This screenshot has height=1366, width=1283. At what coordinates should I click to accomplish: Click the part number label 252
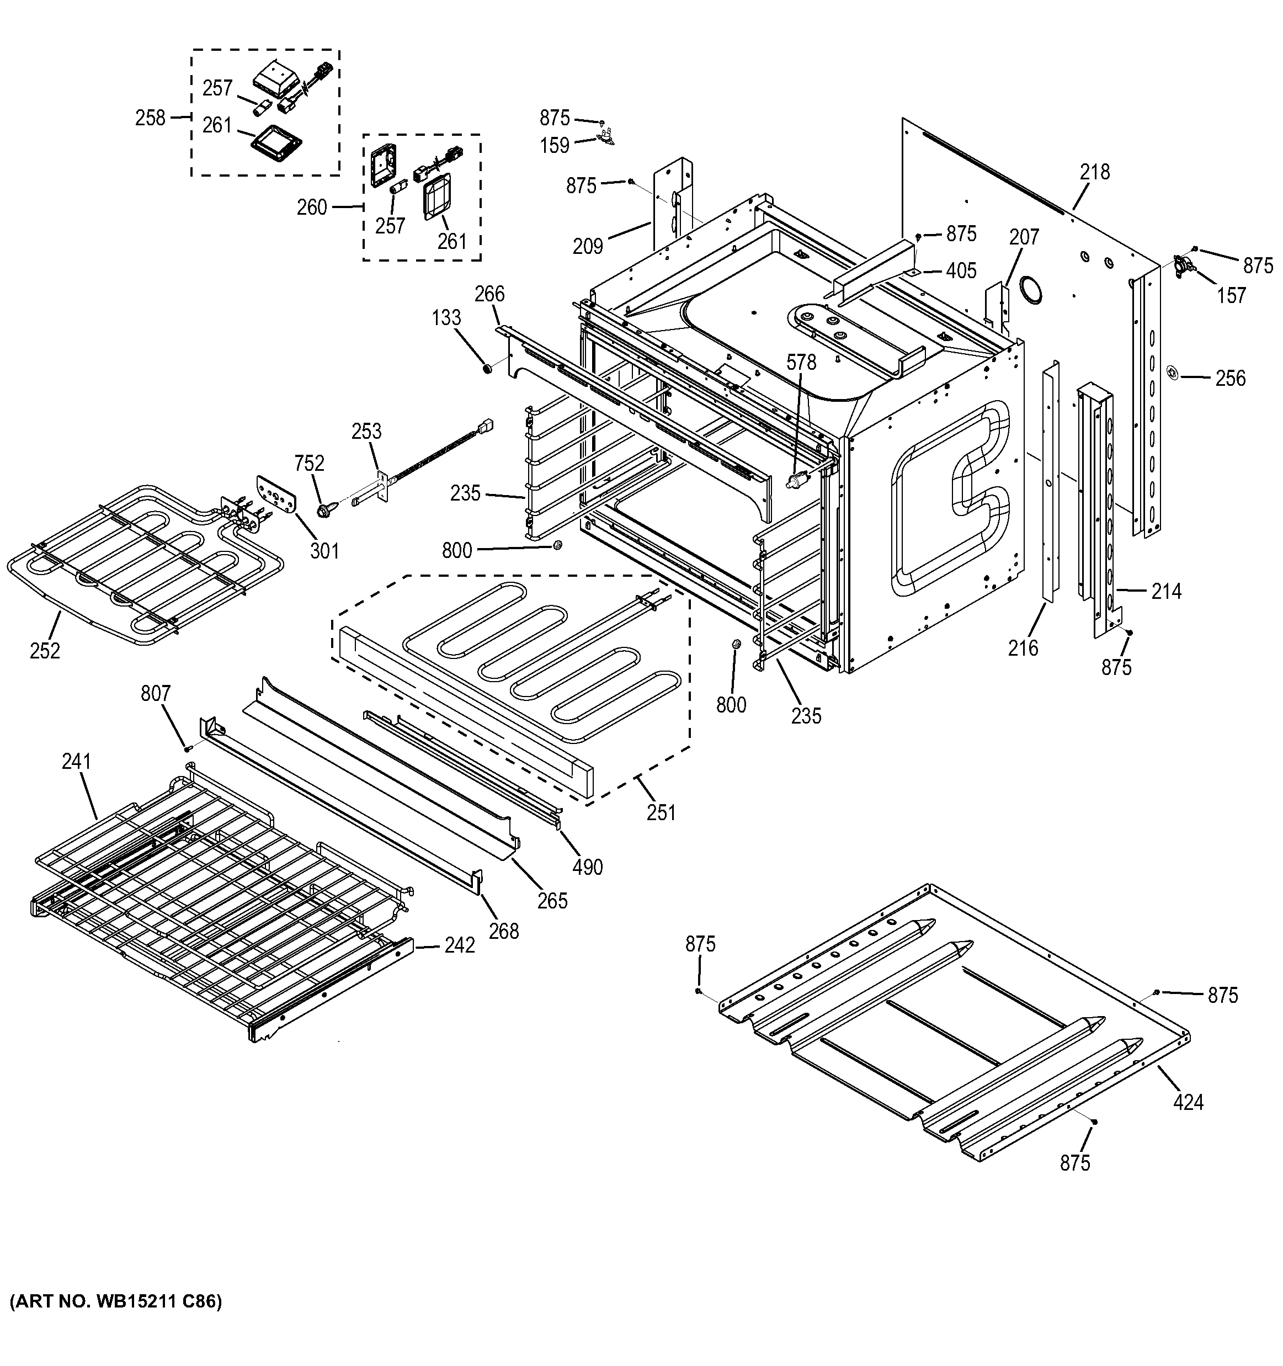point(45,651)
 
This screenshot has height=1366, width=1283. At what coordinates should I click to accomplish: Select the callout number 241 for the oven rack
point(76,761)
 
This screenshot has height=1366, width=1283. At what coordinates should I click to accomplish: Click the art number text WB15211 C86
point(115,1301)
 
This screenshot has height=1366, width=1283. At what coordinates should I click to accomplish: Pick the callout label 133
point(446,317)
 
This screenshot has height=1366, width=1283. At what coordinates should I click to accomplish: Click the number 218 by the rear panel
point(1094,172)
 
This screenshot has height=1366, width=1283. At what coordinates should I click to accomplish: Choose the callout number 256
point(1230,378)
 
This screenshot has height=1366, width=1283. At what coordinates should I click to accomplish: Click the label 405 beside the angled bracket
point(961,271)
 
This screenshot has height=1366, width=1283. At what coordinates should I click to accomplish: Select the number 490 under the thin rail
point(588,867)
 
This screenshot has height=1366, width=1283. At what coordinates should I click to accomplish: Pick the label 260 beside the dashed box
point(312,207)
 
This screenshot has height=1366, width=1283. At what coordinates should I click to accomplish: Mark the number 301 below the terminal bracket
point(324,550)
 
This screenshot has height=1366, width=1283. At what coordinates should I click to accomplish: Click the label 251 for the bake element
point(661,813)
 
